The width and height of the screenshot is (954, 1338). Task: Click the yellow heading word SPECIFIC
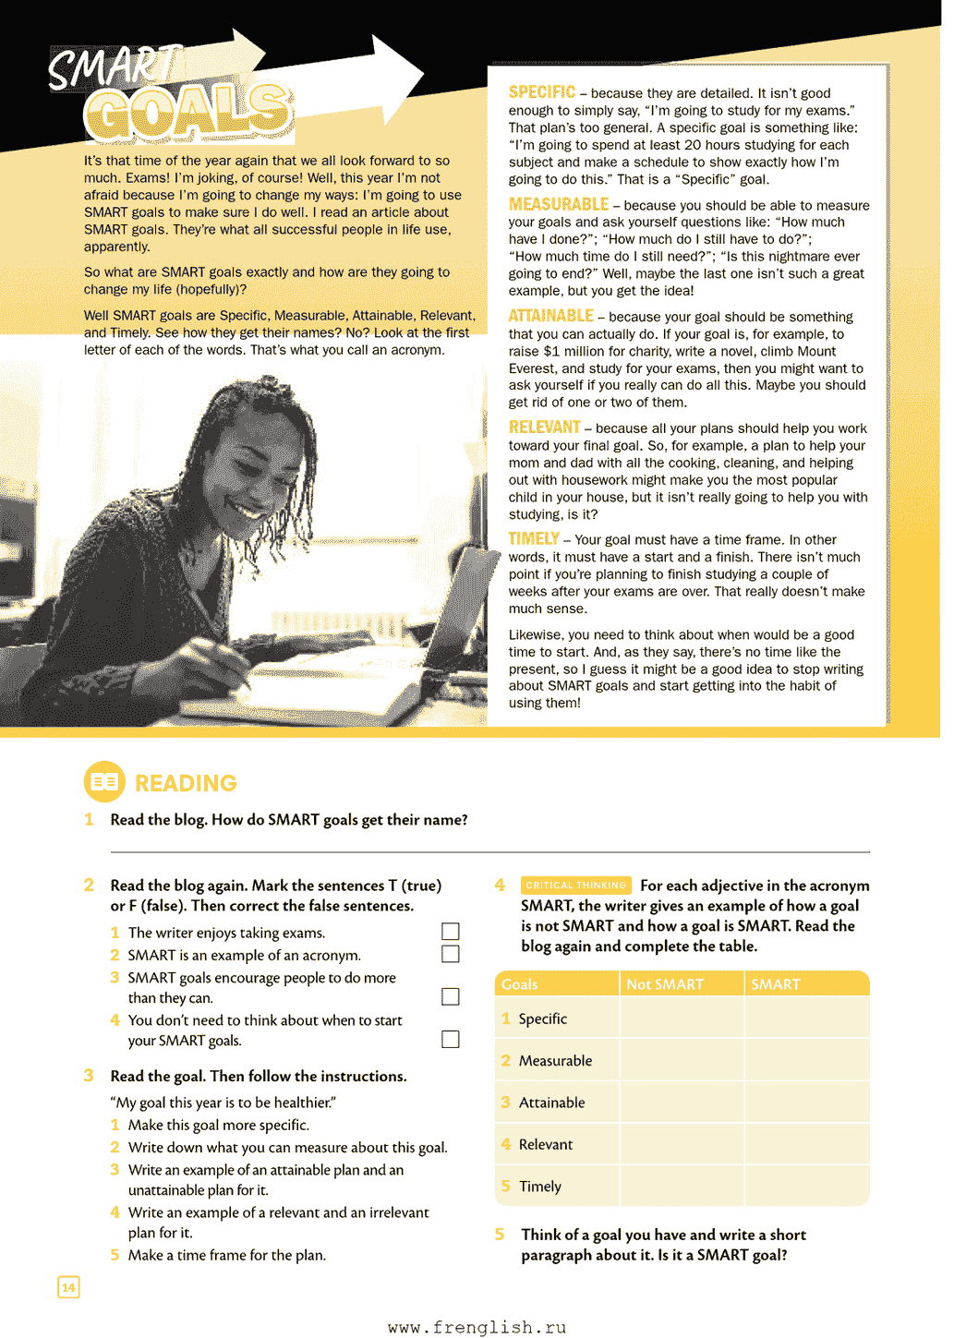click(x=541, y=92)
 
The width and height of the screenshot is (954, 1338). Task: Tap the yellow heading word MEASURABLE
click(x=558, y=204)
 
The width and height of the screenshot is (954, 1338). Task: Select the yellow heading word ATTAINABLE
click(x=550, y=316)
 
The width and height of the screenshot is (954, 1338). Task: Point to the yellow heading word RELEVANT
click(x=544, y=428)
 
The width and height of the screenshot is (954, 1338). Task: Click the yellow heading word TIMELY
click(x=534, y=539)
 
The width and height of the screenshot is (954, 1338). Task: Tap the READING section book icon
click(x=104, y=782)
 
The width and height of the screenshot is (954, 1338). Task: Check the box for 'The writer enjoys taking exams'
click(x=451, y=932)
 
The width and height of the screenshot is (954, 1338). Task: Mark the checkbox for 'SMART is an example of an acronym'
click(x=451, y=954)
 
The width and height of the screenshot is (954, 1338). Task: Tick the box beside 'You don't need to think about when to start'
click(x=451, y=1040)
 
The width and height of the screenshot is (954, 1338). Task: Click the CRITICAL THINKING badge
click(x=575, y=885)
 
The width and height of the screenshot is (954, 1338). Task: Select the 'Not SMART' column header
click(x=665, y=984)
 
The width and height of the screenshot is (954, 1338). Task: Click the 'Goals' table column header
click(x=520, y=984)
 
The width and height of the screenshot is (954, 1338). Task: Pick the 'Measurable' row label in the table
click(x=555, y=1061)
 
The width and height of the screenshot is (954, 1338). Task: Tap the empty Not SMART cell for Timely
click(x=682, y=1187)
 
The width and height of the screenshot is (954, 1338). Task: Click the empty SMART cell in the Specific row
click(x=806, y=1019)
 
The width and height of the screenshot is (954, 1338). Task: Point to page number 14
click(x=68, y=1287)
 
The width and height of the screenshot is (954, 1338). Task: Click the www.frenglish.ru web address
click(x=477, y=1327)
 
